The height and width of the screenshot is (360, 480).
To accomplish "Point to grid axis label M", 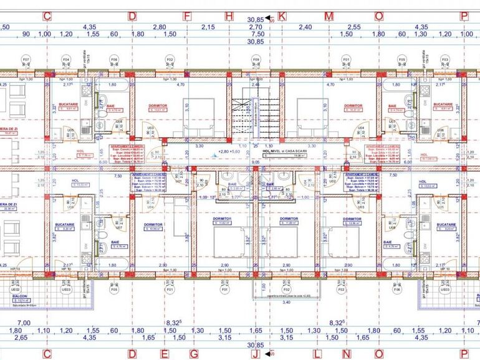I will [328, 16].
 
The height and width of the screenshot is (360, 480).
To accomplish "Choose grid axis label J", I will [255, 354].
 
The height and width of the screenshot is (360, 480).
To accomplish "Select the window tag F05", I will [114, 290].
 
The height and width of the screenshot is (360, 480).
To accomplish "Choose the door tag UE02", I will [15, 289].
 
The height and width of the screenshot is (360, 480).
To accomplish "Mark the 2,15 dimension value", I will [208, 27].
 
